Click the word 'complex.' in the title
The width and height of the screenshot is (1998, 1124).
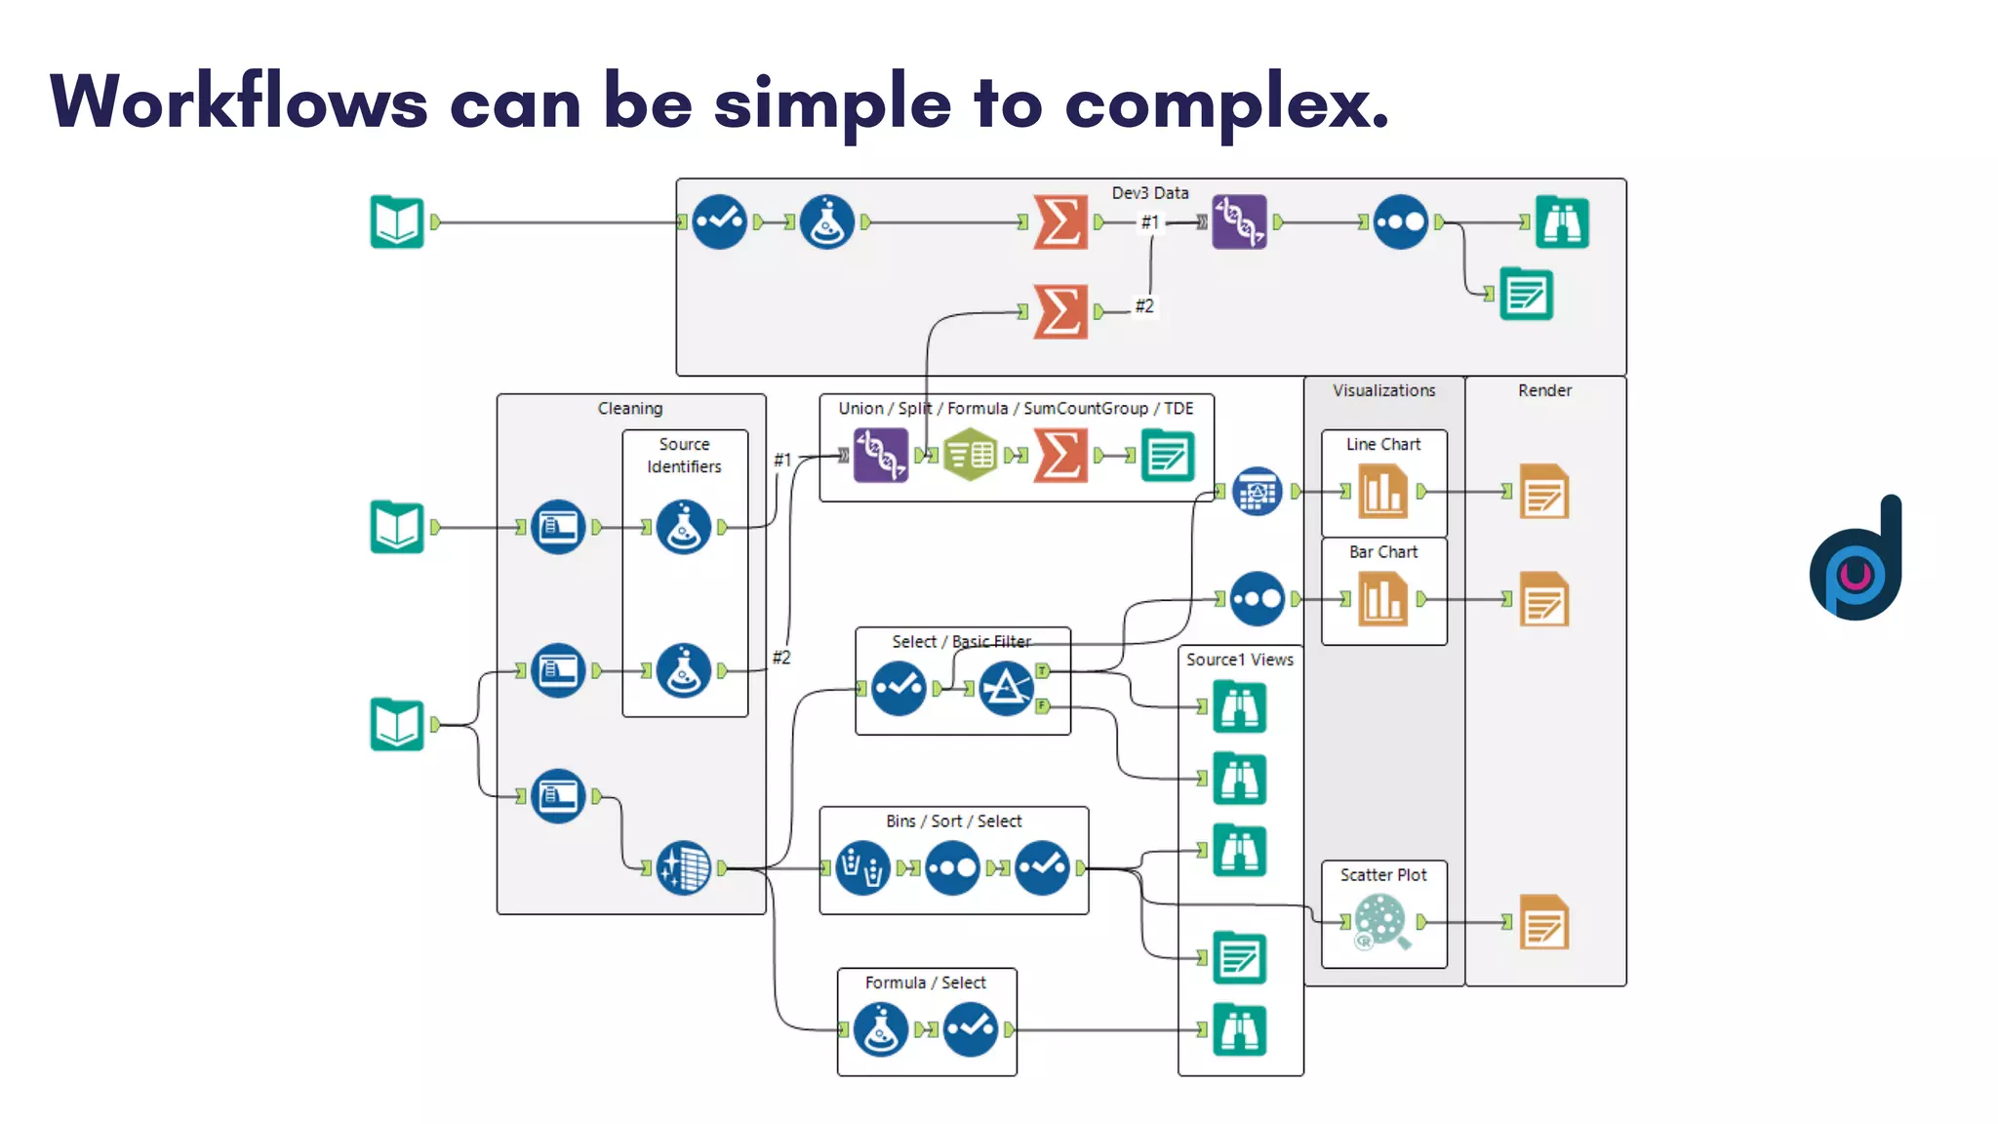1226,102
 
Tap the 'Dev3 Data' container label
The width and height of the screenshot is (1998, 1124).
1149,193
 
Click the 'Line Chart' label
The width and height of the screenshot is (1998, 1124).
1382,444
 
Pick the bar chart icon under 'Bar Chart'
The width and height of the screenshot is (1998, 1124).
1382,599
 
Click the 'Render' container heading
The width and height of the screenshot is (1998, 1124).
1544,390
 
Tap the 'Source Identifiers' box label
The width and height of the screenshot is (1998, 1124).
684,455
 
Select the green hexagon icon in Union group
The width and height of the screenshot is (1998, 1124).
970,455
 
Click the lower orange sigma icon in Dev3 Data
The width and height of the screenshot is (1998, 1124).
1060,311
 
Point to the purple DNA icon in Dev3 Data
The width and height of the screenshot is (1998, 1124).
1239,222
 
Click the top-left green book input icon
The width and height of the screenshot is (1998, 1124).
397,222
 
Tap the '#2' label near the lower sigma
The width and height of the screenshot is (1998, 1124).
1144,306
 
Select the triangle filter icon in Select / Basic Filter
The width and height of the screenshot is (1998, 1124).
1006,688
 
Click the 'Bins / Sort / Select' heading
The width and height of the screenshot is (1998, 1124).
953,822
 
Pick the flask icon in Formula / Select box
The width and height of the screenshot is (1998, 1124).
880,1029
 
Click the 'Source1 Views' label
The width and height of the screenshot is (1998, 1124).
1239,660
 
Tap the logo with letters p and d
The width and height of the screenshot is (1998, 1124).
1856,561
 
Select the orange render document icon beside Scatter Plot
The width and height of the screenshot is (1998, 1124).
1544,922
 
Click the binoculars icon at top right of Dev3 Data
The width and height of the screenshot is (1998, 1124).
1562,222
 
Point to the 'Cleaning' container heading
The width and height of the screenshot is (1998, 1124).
629,409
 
